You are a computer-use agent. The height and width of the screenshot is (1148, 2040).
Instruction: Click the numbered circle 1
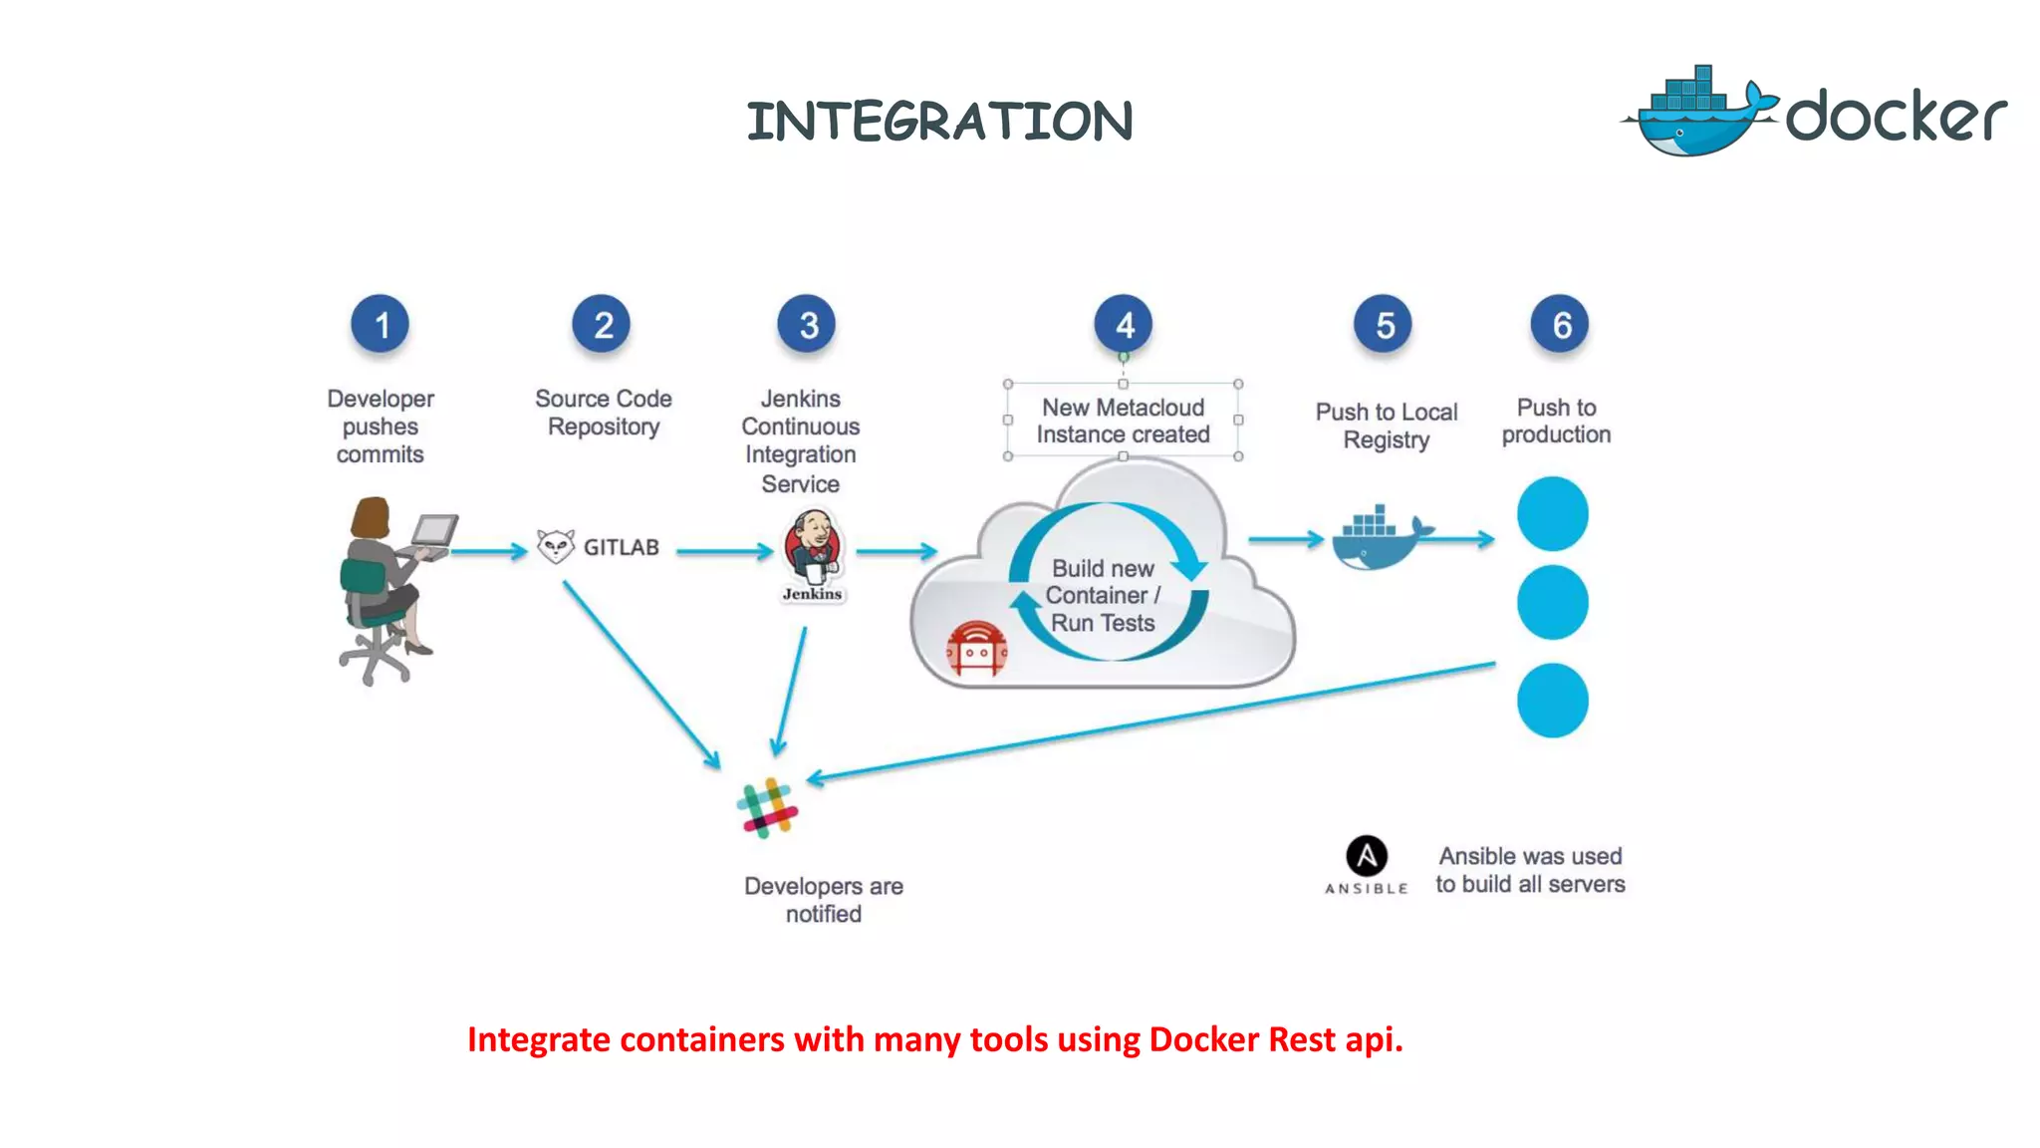pyautogui.click(x=380, y=324)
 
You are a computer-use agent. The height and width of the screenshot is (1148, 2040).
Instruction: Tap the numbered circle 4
pyautogui.click(x=1123, y=324)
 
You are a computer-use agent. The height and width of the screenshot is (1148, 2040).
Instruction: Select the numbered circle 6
pyautogui.click(x=1560, y=324)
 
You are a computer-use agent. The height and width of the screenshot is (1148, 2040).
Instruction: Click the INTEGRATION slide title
pyautogui.click(x=939, y=122)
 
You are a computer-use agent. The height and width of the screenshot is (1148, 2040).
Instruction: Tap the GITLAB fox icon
pyautogui.click(x=556, y=546)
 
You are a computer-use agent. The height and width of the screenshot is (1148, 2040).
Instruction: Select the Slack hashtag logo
pyautogui.click(x=767, y=808)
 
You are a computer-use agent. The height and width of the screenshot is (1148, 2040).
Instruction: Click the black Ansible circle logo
pyautogui.click(x=1367, y=856)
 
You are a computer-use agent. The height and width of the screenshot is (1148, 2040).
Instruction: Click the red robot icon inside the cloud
pyautogui.click(x=976, y=650)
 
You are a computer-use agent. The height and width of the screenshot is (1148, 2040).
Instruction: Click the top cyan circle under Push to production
pyautogui.click(x=1552, y=514)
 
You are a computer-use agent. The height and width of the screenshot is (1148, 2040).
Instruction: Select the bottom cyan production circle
pyautogui.click(x=1552, y=701)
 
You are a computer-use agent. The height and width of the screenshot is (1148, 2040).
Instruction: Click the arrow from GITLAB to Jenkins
pyautogui.click(x=724, y=550)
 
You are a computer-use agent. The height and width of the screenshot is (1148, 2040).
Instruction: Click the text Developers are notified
pyautogui.click(x=823, y=900)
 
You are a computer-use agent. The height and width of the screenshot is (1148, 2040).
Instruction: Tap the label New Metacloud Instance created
pyautogui.click(x=1123, y=421)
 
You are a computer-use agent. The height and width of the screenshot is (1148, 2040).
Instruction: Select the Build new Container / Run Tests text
pyautogui.click(x=1103, y=595)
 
